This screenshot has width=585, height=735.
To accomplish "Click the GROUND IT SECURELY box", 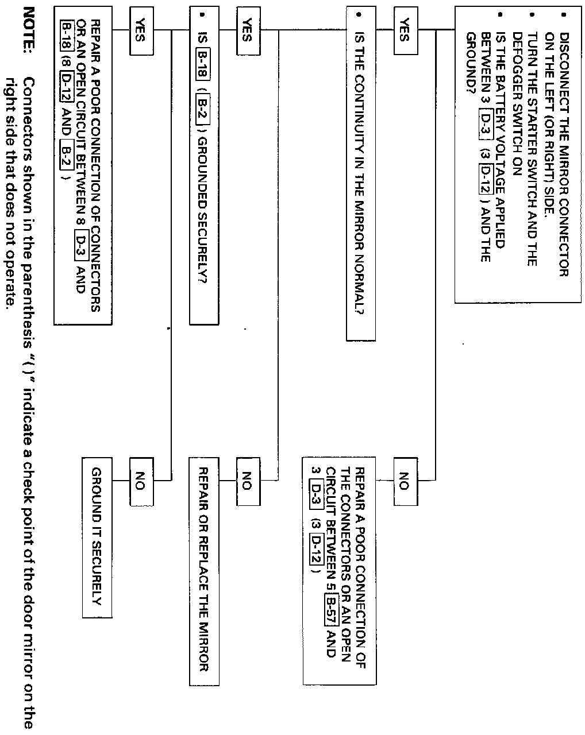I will click(x=97, y=537).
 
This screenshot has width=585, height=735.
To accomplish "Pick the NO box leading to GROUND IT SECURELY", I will click(x=138, y=481).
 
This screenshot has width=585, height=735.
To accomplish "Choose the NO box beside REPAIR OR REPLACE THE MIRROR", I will click(x=246, y=481).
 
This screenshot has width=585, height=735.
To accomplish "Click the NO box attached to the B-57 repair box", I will click(x=403, y=481).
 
